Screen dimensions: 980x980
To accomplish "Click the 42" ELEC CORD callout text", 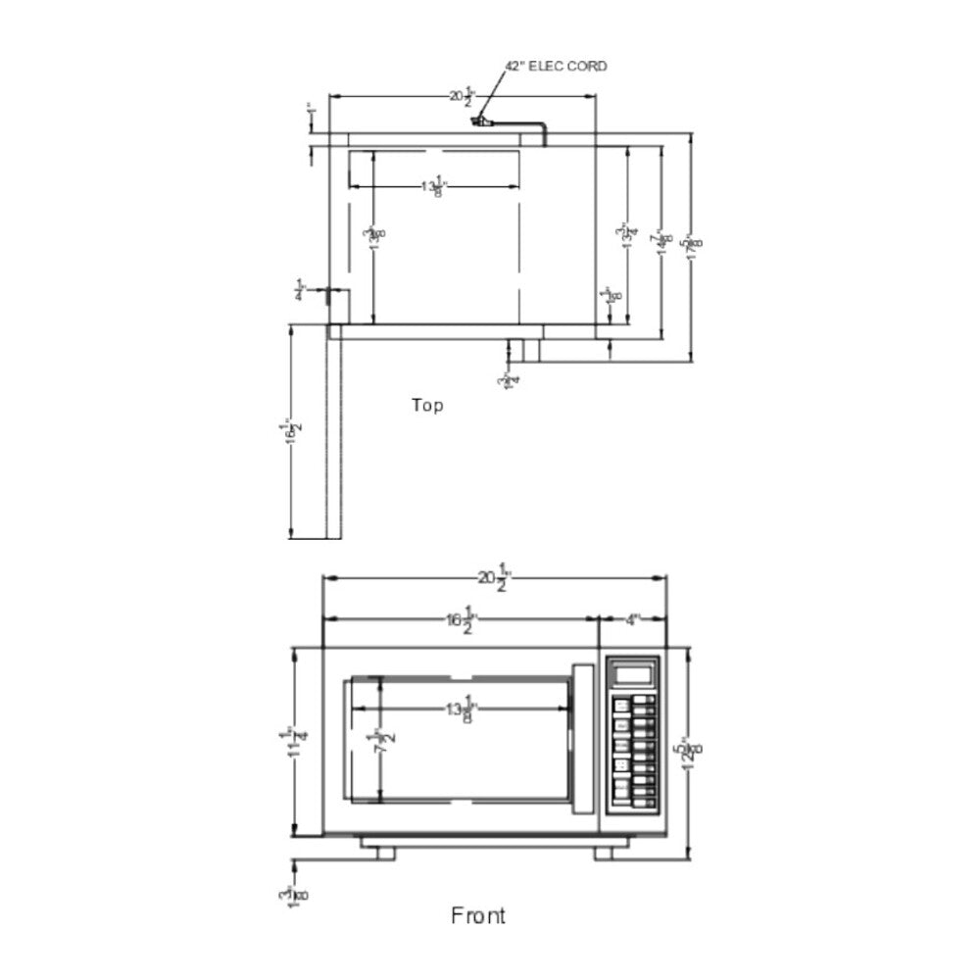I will coord(556,67).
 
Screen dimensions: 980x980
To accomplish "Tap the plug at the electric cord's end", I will coord(479,122).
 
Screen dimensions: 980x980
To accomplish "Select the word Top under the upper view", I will coord(426,405).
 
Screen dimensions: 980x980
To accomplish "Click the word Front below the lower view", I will coord(478,915).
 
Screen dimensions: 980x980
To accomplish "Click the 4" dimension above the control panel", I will coord(632,619).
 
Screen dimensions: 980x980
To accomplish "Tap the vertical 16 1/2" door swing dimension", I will coord(289,431).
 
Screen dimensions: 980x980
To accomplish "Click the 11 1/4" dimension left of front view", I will coord(291,743).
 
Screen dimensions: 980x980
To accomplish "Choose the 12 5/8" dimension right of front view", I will coord(692,753).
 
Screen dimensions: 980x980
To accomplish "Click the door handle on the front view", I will coord(583,740).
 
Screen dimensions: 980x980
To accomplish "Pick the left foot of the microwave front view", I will coord(384,853).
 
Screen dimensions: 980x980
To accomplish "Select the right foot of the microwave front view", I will coord(604,853).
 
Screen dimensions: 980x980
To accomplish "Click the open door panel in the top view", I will coord(334,431).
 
